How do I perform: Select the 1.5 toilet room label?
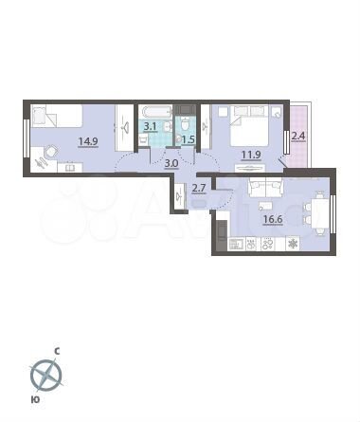tap(188, 140)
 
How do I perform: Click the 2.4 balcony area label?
tap(298, 135)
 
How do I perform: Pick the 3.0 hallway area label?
tap(171, 162)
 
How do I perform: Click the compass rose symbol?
tap(45, 377)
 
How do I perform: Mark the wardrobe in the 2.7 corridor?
tap(179, 196)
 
